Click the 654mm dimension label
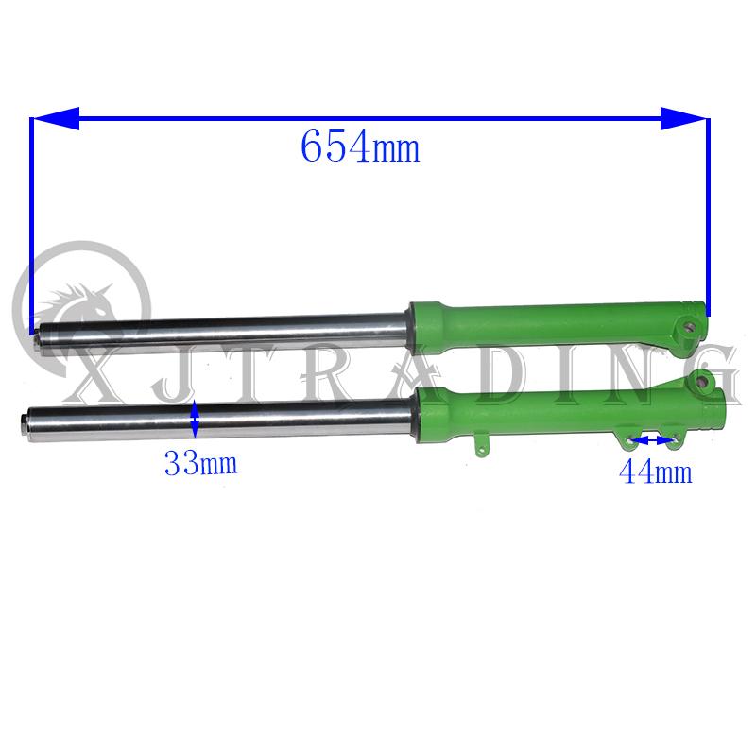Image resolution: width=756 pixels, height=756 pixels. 359,146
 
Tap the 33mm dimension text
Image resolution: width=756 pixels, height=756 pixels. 199,464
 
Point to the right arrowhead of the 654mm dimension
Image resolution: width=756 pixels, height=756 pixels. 683,119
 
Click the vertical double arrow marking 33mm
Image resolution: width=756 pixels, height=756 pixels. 195,420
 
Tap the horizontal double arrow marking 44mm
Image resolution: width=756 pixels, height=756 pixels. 651,439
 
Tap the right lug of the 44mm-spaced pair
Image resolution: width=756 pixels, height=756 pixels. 673,438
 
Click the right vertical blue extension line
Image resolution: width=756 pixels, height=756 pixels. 708,217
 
